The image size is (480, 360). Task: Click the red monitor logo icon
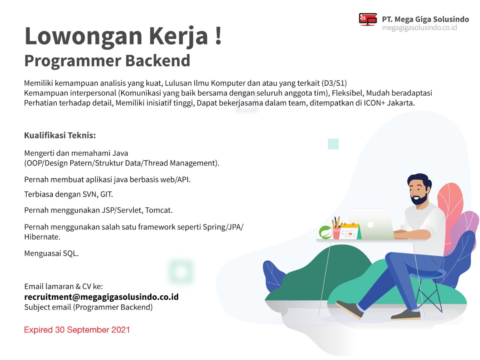point(367,19)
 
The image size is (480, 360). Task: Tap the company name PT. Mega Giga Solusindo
point(425,19)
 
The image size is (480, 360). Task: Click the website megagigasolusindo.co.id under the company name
point(419,28)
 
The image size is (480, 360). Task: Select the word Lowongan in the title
point(84,36)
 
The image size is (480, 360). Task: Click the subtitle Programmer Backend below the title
point(107,60)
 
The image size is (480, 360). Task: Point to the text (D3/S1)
point(334,83)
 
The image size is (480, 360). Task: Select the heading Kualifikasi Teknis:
point(60,135)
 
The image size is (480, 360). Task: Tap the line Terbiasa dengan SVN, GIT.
point(69,194)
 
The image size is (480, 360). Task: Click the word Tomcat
point(159,210)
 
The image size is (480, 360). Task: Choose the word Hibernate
point(42,237)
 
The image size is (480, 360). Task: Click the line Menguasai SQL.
point(51,253)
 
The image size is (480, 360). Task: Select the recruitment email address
point(102,297)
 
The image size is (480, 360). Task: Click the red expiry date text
point(77,330)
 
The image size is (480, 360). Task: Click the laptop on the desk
point(370,224)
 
